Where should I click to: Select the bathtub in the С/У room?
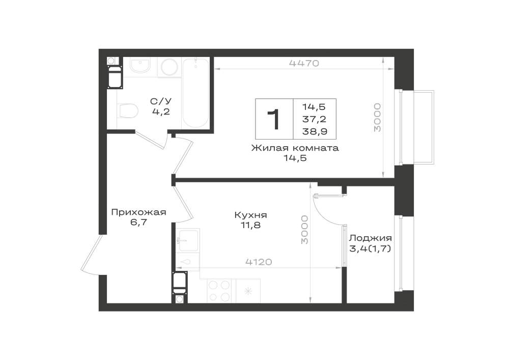tap(196, 94)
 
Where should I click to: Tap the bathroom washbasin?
tap(140, 66)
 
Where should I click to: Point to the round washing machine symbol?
tap(169, 67)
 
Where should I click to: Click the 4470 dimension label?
tap(304, 63)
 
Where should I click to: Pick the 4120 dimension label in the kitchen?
tap(259, 262)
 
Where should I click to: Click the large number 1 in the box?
tap(274, 119)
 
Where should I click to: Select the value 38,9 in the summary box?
tap(314, 131)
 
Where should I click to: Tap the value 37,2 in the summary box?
tap(314, 119)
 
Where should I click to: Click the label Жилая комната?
tap(295, 148)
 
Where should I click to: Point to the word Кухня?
tap(250, 215)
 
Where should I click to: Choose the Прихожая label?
tap(138, 213)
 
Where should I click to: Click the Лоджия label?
tap(370, 238)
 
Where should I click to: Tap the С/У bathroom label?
tap(161, 101)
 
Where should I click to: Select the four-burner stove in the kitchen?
tap(219, 291)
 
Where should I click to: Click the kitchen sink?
tap(188, 240)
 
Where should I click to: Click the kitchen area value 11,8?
tap(250, 225)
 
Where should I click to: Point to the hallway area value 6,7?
tap(138, 223)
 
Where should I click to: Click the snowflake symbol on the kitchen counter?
tap(248, 291)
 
